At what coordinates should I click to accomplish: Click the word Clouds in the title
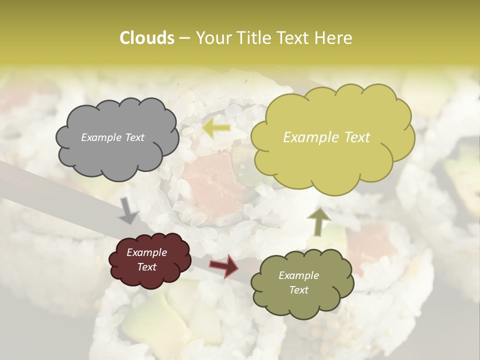[x=146, y=37]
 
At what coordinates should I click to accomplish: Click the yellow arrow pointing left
[x=216, y=128]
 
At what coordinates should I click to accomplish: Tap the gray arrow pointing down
[x=128, y=210]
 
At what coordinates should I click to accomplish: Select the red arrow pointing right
[x=224, y=265]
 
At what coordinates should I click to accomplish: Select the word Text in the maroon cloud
[x=146, y=267]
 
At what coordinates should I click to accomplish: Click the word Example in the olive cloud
[x=298, y=275]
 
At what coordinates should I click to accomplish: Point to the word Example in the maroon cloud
[x=146, y=252]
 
